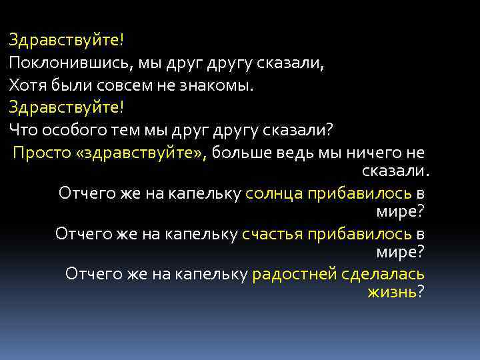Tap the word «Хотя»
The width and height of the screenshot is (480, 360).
click(x=25, y=85)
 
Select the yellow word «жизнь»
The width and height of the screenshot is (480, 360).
click(x=391, y=292)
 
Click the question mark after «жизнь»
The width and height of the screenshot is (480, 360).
click(x=421, y=292)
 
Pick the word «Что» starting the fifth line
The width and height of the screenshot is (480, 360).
click(x=22, y=129)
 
